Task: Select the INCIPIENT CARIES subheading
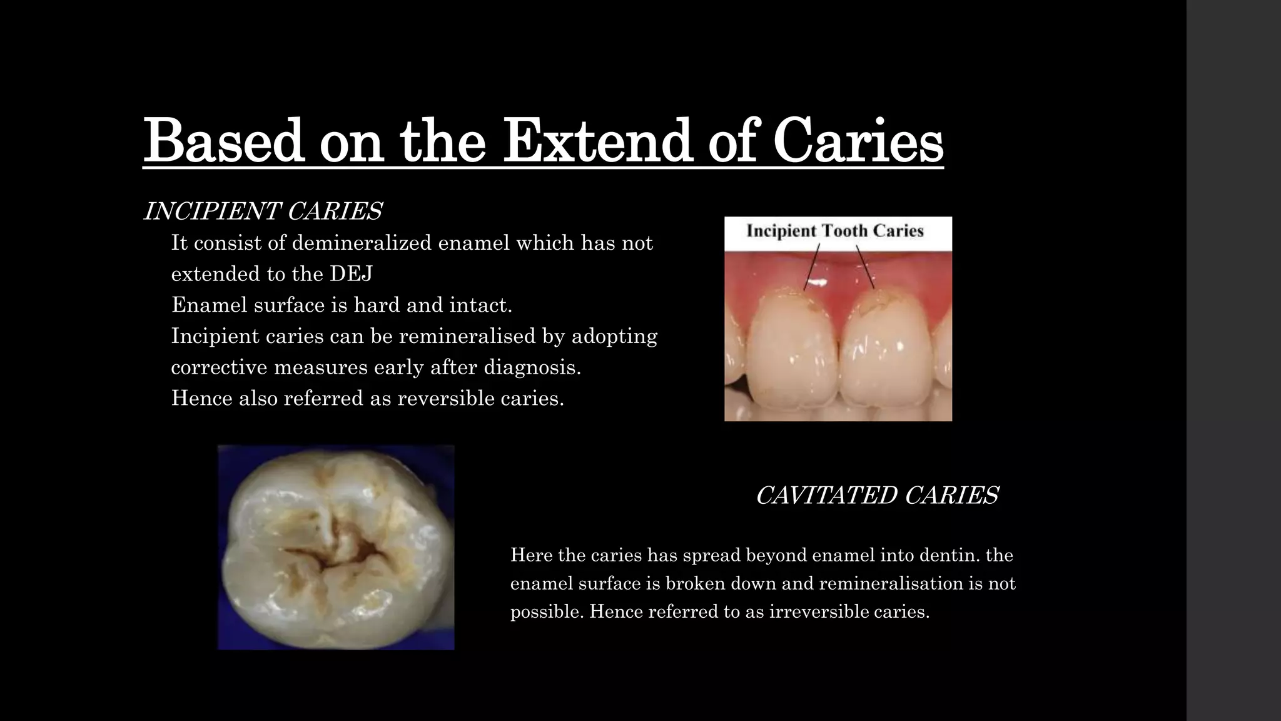(263, 212)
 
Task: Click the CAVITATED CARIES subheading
(876, 495)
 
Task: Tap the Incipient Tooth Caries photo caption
(835, 231)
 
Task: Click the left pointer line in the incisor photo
(812, 267)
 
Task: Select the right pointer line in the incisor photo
(865, 267)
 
